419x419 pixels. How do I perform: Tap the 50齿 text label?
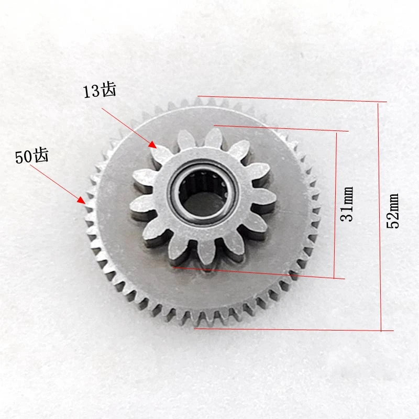pyautogui.click(x=31, y=157)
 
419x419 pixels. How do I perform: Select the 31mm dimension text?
pyautogui.click(x=347, y=204)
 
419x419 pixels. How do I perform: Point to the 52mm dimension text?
pyautogui.click(x=393, y=210)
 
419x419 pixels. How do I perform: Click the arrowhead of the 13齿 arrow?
pyautogui.click(x=153, y=144)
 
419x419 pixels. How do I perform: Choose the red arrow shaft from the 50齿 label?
pyautogui.click(x=55, y=182)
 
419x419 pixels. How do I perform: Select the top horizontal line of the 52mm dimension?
pyautogui.click(x=293, y=99)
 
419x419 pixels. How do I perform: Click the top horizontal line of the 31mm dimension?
pyautogui.click(x=283, y=128)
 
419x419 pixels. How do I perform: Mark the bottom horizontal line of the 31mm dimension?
pyautogui.click(x=262, y=272)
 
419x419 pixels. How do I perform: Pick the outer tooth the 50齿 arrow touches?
pyautogui.click(x=88, y=203)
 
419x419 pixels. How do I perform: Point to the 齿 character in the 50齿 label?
pyautogui.click(x=40, y=156)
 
